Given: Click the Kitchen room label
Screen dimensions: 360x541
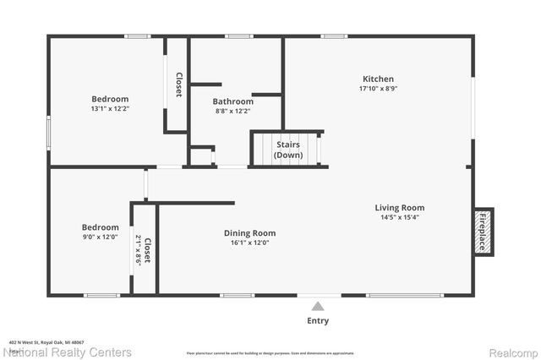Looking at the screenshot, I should click(378, 78).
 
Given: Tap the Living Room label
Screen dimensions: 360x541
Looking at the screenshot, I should click(400, 207).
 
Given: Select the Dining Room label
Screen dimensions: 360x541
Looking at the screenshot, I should click(249, 233).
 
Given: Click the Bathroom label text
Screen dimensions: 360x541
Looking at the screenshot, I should click(233, 101).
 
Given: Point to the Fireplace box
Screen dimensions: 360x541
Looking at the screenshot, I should click(483, 231).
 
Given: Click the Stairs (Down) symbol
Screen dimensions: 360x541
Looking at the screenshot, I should click(287, 150).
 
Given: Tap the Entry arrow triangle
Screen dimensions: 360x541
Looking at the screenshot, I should click(318, 307).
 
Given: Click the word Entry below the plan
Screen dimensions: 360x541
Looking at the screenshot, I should click(318, 321).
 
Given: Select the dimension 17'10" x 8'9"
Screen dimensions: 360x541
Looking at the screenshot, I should click(378, 88).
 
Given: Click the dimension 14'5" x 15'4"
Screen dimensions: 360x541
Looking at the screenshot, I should click(400, 217).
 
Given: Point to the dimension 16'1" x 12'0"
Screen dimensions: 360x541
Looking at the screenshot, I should click(249, 243).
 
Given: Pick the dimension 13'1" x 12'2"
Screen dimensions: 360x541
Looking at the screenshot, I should click(110, 108).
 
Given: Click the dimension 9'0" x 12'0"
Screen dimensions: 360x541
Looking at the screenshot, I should click(100, 237).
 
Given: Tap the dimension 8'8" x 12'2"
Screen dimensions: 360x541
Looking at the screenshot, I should click(233, 111).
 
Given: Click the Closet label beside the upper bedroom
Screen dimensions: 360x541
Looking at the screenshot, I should click(178, 85).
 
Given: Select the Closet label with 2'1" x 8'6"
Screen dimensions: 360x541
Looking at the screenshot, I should click(145, 249).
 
